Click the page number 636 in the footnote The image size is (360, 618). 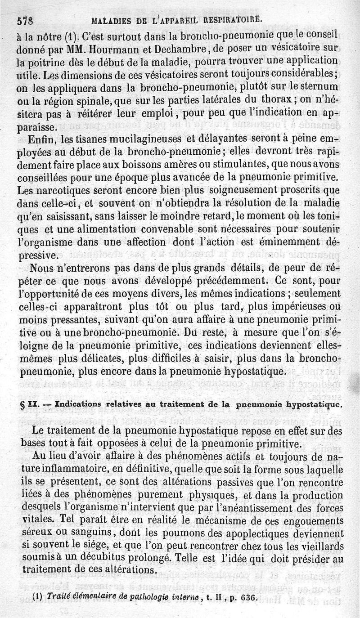[x=250, y=598]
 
